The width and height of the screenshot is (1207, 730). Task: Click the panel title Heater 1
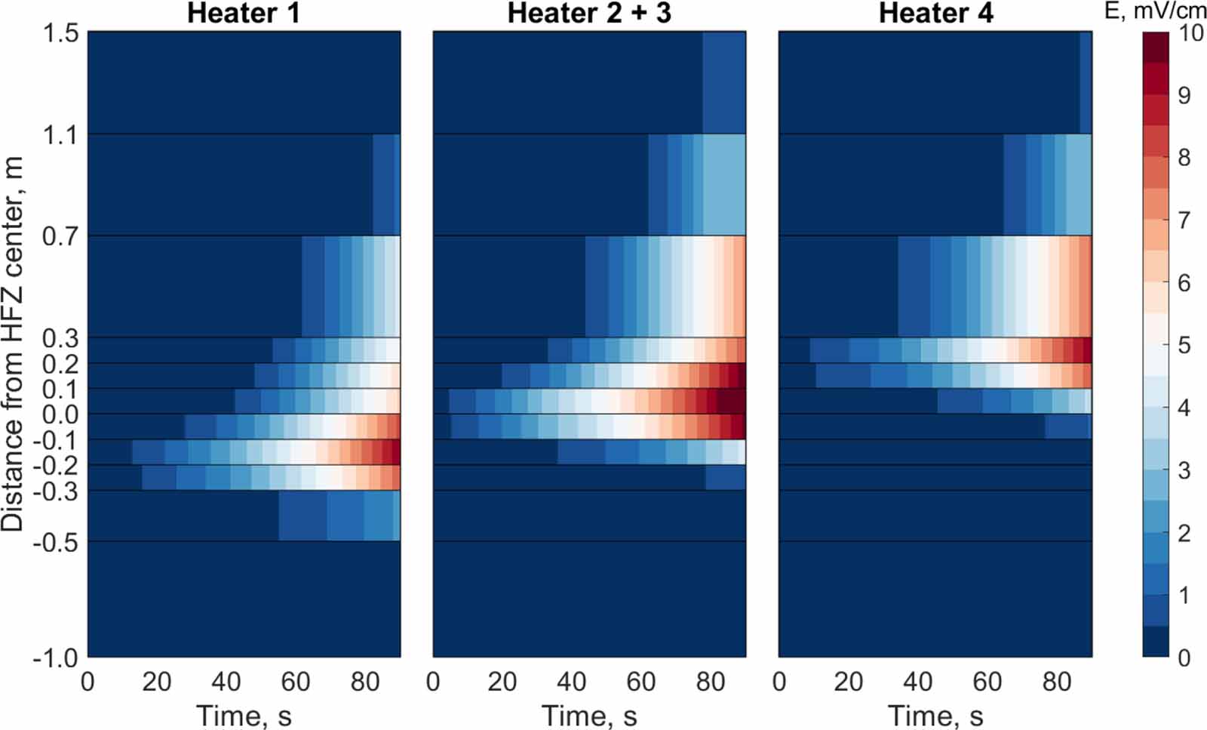point(243,14)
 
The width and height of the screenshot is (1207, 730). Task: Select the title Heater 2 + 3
point(589,14)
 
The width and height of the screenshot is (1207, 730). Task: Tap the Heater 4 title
point(935,14)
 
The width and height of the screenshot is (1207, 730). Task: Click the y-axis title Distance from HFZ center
point(13,343)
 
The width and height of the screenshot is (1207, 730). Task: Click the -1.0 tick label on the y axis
point(55,658)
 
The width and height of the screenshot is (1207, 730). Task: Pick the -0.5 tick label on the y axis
point(55,542)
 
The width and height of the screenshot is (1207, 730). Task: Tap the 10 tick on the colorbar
point(1190,33)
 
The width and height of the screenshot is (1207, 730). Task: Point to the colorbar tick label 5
point(1184,346)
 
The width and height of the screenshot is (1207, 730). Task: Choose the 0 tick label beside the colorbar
point(1184,658)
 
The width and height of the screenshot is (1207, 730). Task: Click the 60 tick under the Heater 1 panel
point(296,682)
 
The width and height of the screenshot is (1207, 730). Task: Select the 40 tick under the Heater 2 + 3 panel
point(572,682)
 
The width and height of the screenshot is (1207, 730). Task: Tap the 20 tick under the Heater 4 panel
point(849,682)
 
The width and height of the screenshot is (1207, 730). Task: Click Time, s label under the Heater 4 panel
point(935,715)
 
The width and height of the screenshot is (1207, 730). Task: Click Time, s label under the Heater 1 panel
point(243,715)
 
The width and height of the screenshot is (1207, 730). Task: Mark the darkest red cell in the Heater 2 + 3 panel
point(730,401)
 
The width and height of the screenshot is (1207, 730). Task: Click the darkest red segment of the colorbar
point(1155,48)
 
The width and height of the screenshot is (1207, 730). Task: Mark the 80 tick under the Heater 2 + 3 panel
point(711,682)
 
